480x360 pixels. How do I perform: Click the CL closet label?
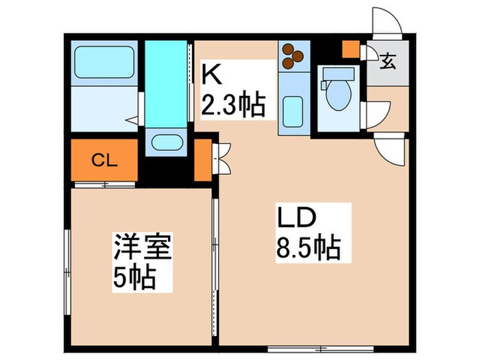click(x=104, y=161)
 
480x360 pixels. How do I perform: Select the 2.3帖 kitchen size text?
click(x=232, y=106)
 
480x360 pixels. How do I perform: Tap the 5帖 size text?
click(x=132, y=277)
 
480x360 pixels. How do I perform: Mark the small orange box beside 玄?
click(x=350, y=50)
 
